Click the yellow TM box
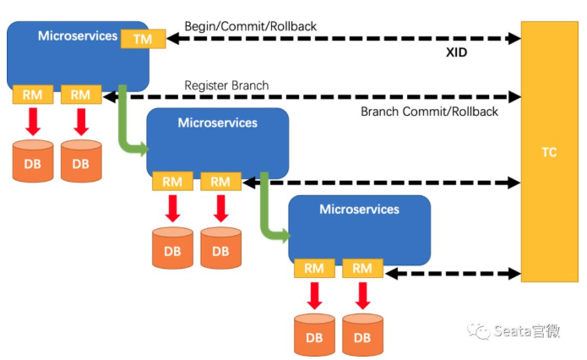pos(143,39)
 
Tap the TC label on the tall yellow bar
pos(549,152)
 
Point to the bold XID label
pos(456,52)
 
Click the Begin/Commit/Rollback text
pos(251,26)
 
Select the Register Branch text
pos(226,85)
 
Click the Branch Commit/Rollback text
pos(429,112)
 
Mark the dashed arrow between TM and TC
pos(344,38)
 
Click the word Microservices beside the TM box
pos(78,36)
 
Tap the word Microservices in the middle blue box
pos(218,123)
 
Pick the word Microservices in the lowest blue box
pos(360,210)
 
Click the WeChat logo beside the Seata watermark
pos(478,331)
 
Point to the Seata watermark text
pos(526,331)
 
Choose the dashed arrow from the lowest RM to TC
pos(453,274)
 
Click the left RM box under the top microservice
pos(33,95)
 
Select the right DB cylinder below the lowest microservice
pos(362,335)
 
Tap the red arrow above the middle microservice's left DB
pos(172,208)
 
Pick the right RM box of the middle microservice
pos(220,182)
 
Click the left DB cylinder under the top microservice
pos(33,161)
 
